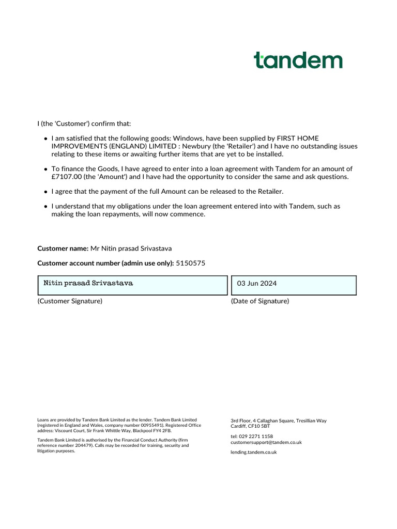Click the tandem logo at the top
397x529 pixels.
click(298, 60)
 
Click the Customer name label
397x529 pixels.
click(63, 248)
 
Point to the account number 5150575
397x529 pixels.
click(191, 263)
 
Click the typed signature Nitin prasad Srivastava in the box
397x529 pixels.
click(88, 284)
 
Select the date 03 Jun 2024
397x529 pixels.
click(257, 284)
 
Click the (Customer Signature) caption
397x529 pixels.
click(70, 301)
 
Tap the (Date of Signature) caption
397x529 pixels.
click(260, 301)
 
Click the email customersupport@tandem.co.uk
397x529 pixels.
click(266, 442)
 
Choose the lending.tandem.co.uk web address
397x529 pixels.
click(254, 452)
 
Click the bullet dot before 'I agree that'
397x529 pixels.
click(46, 192)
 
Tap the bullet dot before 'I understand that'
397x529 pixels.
click(46, 207)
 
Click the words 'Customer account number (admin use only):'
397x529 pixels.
click(105, 263)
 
